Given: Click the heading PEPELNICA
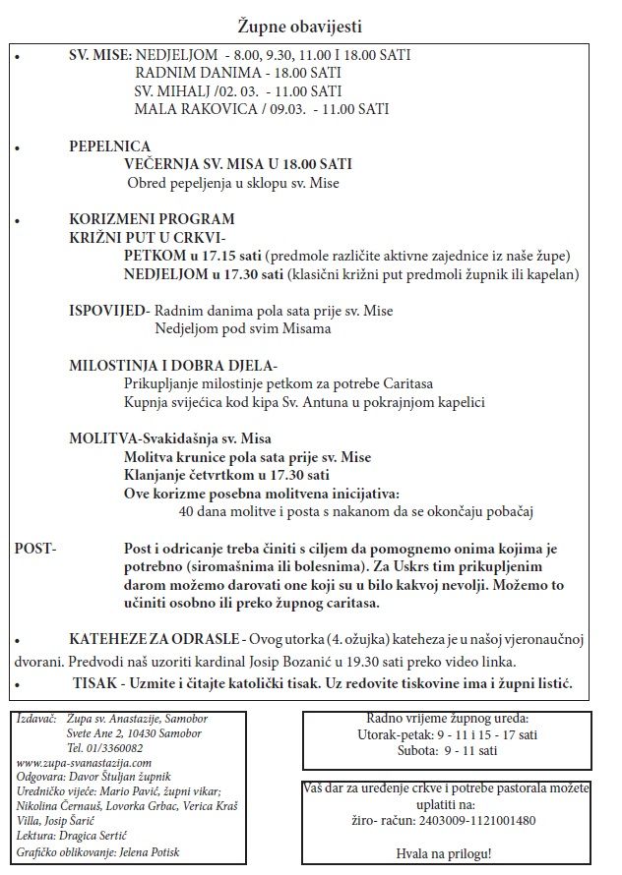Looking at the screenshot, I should pyautogui.click(x=109, y=146).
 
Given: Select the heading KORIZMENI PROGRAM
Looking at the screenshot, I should pyautogui.click(x=152, y=218).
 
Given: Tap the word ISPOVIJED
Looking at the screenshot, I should pyautogui.click(x=108, y=311).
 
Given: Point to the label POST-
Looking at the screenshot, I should pyautogui.click(x=36, y=548).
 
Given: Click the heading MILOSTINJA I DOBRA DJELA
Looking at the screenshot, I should pyautogui.click(x=172, y=365).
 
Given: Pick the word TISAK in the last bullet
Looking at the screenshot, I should pyautogui.click(x=94, y=683).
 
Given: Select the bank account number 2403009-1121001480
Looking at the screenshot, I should pyautogui.click(x=471, y=819).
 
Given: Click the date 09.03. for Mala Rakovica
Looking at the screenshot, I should pyautogui.click(x=281, y=109).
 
